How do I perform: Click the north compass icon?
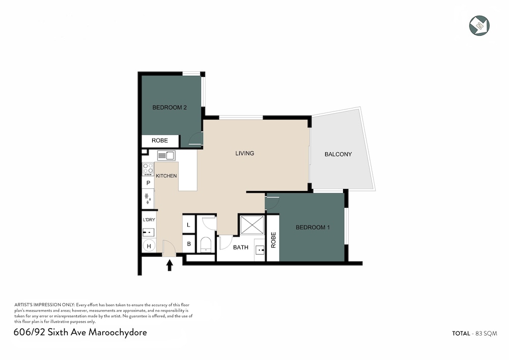tap(479, 25)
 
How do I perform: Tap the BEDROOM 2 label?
tap(169, 107)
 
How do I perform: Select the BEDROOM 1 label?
tap(313, 227)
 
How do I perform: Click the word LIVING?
tap(245, 153)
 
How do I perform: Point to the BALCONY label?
tap(338, 154)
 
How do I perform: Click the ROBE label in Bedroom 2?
tap(160, 141)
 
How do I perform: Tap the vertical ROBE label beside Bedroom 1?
tap(273, 240)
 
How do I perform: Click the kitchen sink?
tap(166, 155)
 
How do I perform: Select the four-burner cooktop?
tap(148, 169)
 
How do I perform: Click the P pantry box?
tap(148, 183)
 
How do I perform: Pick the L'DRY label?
tap(149, 220)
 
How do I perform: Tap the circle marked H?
tap(149, 246)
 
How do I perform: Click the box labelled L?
tap(189, 225)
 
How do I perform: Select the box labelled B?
tap(189, 244)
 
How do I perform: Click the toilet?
tap(206, 244)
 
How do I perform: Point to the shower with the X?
tap(252, 225)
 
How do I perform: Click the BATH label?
tap(241, 247)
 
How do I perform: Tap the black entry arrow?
tap(169, 265)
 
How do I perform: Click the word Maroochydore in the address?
tap(118, 333)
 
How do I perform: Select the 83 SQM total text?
tap(486, 334)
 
